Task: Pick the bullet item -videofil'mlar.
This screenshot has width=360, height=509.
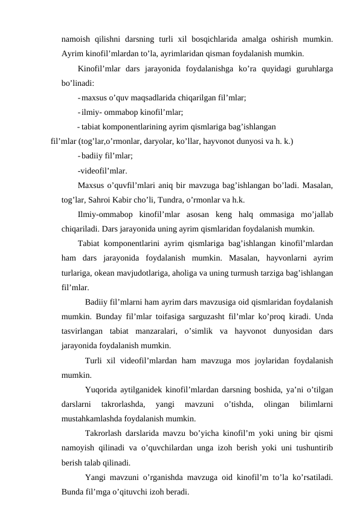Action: [x=102, y=170]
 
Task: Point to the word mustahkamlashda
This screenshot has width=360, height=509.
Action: [x=92, y=418]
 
